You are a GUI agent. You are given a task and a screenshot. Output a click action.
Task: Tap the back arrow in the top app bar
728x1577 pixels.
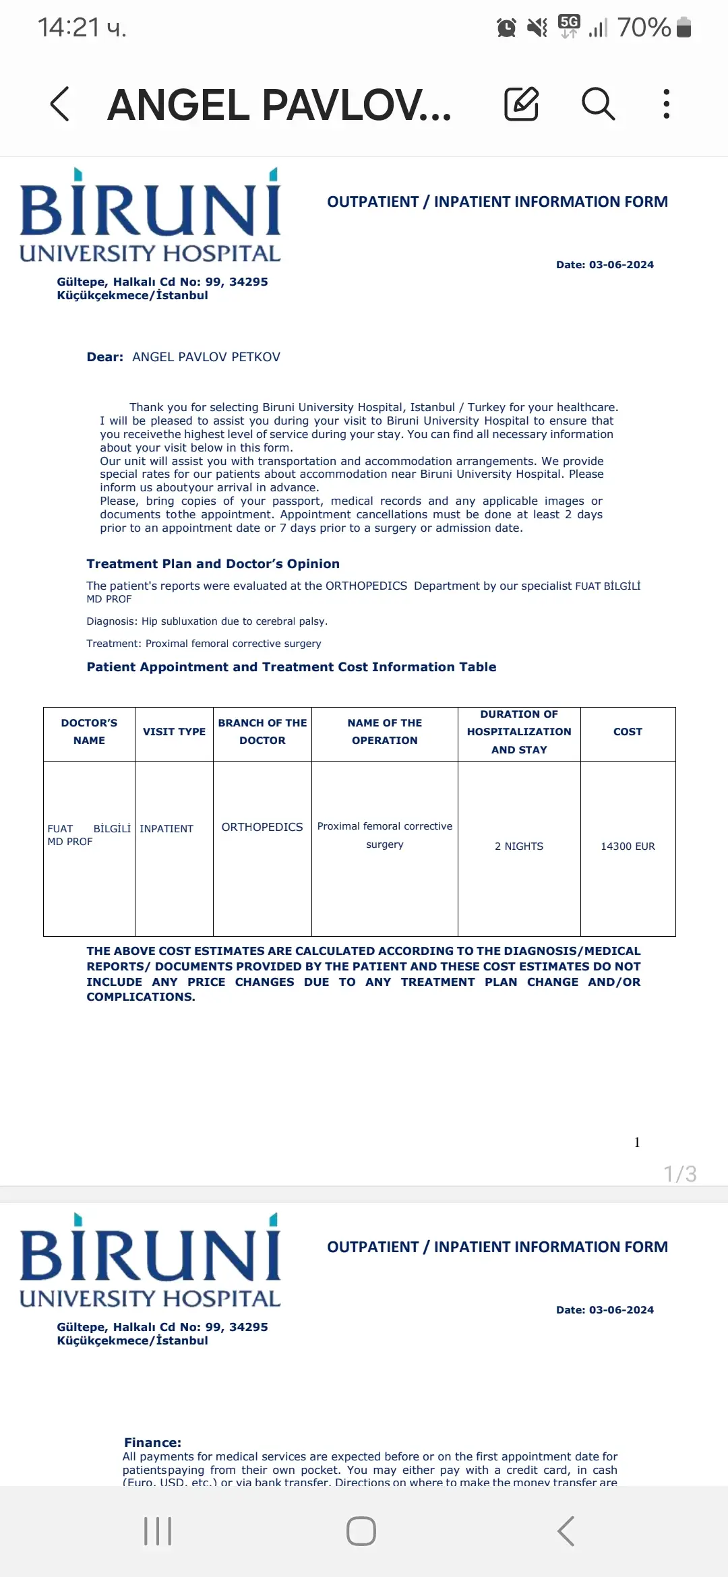[60, 104]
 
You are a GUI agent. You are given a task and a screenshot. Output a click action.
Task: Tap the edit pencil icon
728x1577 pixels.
[521, 104]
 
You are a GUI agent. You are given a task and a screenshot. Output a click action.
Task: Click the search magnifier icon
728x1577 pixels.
[598, 104]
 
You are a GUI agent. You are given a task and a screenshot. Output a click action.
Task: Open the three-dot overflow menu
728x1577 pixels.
[666, 104]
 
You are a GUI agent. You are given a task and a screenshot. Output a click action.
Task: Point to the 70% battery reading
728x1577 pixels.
[644, 28]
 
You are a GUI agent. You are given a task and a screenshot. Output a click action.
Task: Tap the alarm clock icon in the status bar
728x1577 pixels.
[506, 28]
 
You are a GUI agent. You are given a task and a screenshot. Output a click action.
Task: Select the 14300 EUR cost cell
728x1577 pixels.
[628, 846]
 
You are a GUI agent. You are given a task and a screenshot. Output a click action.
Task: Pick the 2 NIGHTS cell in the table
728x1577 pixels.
[519, 846]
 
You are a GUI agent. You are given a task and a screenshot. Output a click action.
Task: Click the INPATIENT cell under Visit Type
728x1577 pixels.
[166, 829]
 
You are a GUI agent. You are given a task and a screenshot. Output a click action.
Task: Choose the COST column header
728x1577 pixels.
[628, 732]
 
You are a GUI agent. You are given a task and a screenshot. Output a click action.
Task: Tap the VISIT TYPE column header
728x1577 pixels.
[174, 732]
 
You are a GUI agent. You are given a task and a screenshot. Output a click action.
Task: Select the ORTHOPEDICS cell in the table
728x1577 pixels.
[262, 828]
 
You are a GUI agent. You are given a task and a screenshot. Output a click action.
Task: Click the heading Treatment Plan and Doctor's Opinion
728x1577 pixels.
[213, 564]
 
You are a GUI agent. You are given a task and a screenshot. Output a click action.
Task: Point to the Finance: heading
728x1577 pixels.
[152, 1442]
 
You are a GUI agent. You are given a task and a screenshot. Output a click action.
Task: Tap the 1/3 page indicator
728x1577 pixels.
[679, 1174]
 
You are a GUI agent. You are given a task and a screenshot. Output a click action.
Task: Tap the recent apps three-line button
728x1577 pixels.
[158, 1531]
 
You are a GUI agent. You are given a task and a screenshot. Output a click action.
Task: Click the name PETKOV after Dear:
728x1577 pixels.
[255, 357]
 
